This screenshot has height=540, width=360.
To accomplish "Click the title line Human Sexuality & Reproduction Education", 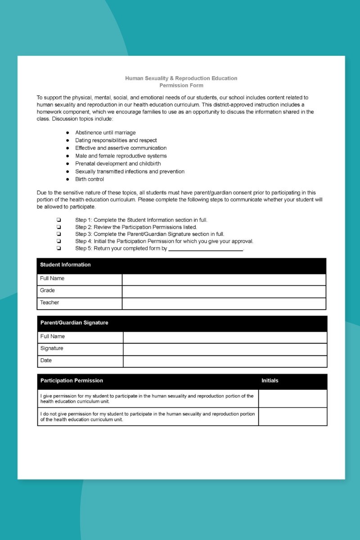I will pyautogui.click(x=181, y=78).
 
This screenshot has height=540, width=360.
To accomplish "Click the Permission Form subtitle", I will pyautogui.click(x=181, y=85).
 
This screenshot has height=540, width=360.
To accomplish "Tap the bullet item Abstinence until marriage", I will pyautogui.click(x=105, y=133).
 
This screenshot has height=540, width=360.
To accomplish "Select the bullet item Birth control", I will pyautogui.click(x=90, y=179).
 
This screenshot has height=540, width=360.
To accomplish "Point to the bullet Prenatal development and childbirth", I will pyautogui.click(x=118, y=164).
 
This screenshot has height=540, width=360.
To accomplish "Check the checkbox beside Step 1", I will pyautogui.click(x=59, y=220).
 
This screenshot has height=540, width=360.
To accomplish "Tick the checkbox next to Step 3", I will pyautogui.click(x=59, y=234).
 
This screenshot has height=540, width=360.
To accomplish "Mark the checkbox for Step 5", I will pyautogui.click(x=59, y=248).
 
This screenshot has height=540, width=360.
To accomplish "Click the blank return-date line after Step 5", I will pyautogui.click(x=206, y=249).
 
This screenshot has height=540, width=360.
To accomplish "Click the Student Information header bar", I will pyautogui.click(x=181, y=265).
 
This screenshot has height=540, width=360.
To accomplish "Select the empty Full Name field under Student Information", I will pyautogui.click(x=224, y=279).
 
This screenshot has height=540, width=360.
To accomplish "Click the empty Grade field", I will pyautogui.click(x=224, y=292).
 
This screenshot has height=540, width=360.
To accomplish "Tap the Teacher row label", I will pyautogui.click(x=49, y=303).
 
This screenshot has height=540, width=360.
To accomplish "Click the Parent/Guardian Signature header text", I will pyautogui.click(x=74, y=323).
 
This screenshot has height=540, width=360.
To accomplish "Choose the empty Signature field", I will pyautogui.click(x=225, y=349).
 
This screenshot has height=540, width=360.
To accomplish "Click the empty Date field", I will pyautogui.click(x=225, y=361).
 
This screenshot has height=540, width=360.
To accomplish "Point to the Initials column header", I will pyautogui.click(x=270, y=381).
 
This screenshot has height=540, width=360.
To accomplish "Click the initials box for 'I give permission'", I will pyautogui.click(x=292, y=399).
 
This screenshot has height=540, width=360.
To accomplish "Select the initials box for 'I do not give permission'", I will pyautogui.click(x=292, y=417).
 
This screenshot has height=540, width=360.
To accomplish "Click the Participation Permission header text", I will pyautogui.click(x=72, y=381).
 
